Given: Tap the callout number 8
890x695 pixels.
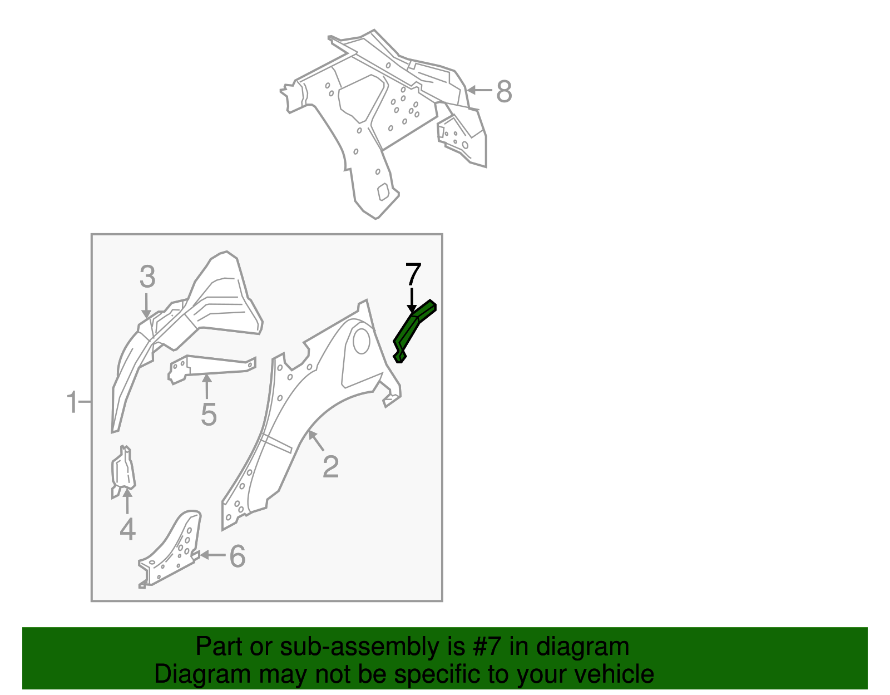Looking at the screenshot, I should (x=503, y=91).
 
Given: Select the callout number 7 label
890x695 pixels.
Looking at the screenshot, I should (x=413, y=275).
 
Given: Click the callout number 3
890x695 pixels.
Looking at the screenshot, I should (x=147, y=277).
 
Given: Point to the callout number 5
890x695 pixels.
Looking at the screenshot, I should (x=208, y=415).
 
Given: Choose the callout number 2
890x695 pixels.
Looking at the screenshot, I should (x=330, y=467).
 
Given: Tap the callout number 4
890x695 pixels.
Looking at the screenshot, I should (x=127, y=529).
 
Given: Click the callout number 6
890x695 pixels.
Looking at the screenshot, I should (x=238, y=556).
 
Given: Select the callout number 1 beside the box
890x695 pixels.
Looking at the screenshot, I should (x=72, y=402).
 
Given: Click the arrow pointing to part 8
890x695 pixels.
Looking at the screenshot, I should (x=479, y=90).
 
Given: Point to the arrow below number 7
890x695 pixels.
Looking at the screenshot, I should (x=412, y=300).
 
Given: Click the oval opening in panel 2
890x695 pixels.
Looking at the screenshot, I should (x=361, y=341).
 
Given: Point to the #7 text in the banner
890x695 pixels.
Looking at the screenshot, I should (x=488, y=647).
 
